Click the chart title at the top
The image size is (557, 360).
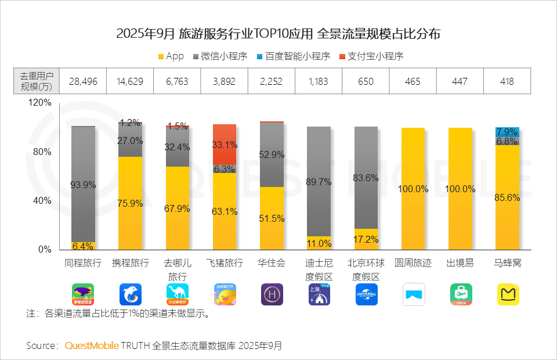tap(278, 34)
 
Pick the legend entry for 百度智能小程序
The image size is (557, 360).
tap(293, 56)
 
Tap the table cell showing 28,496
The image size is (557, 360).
tap(82, 81)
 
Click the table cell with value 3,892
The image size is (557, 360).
tap(224, 81)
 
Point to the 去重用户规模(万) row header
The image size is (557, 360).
tap(36, 81)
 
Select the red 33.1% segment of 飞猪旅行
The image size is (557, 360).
tap(224, 144)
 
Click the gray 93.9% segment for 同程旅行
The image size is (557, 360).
tap(82, 184)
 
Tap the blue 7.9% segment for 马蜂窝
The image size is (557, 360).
tap(507, 132)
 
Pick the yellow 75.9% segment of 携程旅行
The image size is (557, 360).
tap(130, 203)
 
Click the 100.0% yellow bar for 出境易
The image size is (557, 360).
tap(460, 189)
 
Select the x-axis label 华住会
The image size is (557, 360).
tap(272, 263)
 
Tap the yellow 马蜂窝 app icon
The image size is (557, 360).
tap(508, 294)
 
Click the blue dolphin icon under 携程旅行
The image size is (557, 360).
tap(130, 294)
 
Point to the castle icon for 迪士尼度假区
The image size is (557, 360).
tap(319, 294)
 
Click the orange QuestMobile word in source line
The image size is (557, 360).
tap(91, 345)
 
